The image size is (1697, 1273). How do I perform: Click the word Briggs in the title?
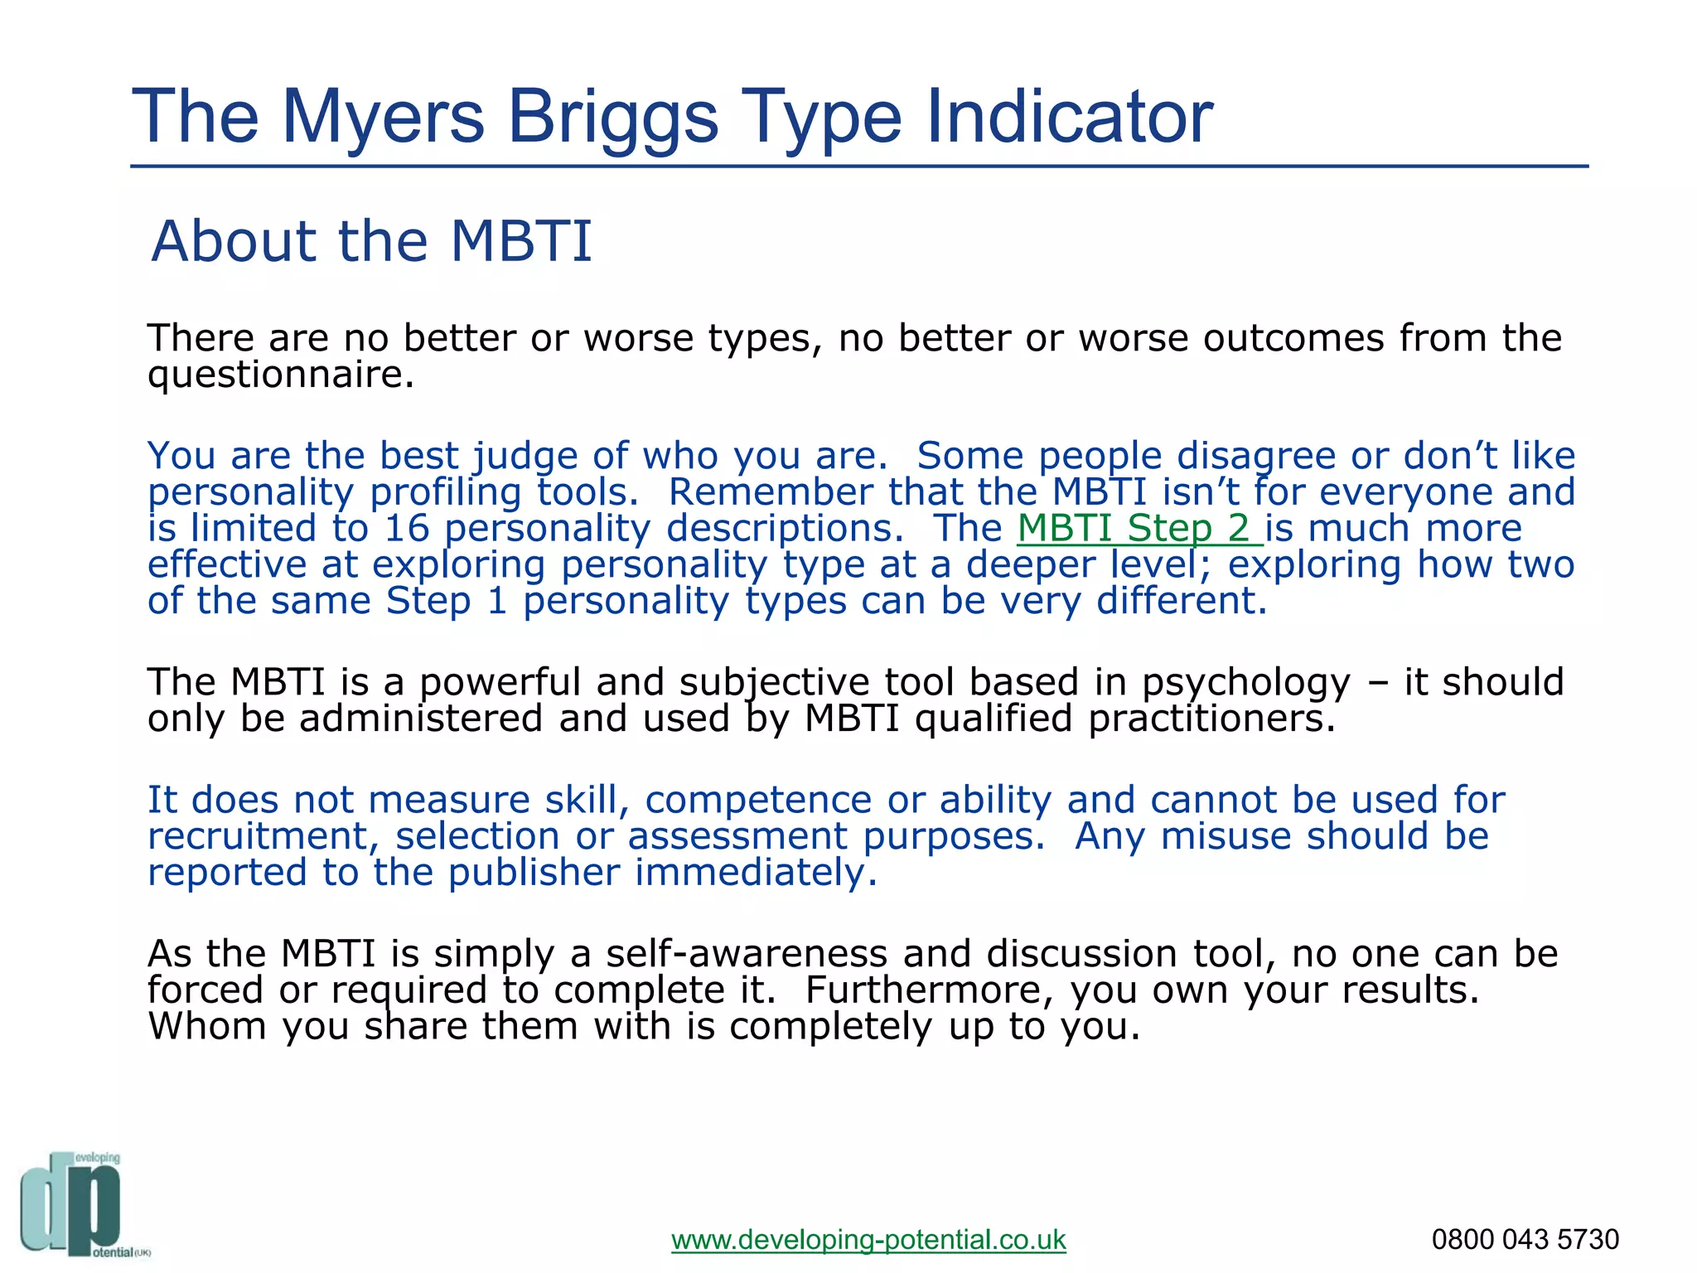(x=612, y=119)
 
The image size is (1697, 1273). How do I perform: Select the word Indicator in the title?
(x=1069, y=117)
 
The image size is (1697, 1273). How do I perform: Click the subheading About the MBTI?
(x=372, y=241)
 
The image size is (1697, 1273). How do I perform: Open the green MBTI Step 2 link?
(x=1139, y=529)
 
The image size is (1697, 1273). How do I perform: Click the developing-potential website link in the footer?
(x=868, y=1240)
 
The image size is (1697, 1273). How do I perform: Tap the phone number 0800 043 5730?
(x=1525, y=1240)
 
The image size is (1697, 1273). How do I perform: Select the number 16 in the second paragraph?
(x=407, y=529)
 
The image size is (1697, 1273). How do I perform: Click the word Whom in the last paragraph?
(x=207, y=1027)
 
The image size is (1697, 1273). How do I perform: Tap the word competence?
(x=758, y=801)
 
